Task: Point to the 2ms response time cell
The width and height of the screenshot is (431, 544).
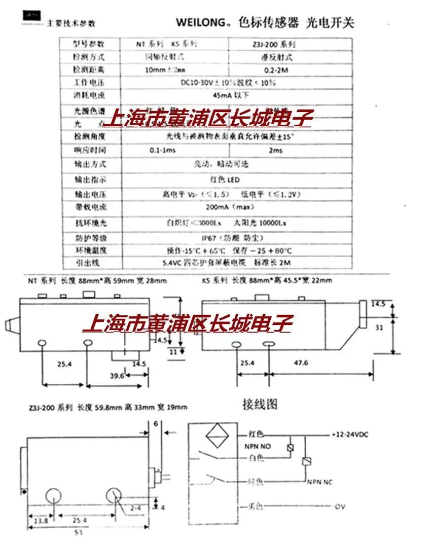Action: point(277,151)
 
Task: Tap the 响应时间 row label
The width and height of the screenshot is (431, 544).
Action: point(77,151)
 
